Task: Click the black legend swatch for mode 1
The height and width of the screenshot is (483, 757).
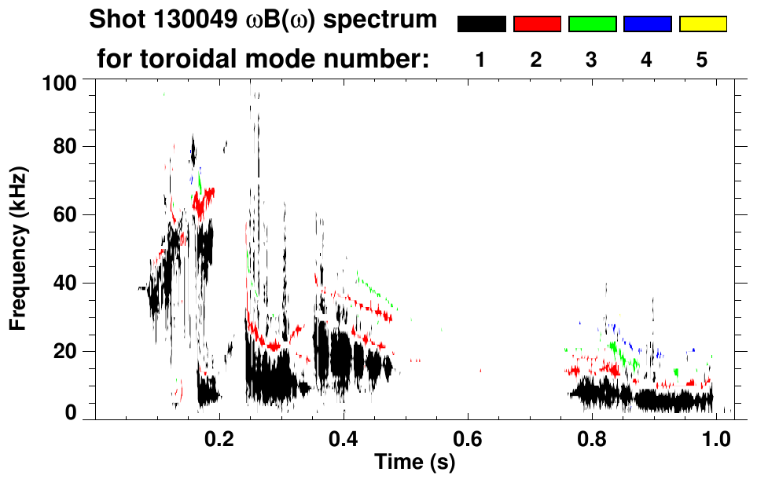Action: click(x=481, y=24)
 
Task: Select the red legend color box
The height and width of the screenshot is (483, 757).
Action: click(x=537, y=24)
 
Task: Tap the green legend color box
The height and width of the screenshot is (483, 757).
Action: click(x=592, y=24)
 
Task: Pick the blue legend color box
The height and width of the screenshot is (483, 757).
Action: click(x=647, y=24)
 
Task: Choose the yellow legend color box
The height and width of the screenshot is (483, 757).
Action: click(x=702, y=24)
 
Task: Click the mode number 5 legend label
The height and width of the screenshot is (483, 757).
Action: click(x=702, y=60)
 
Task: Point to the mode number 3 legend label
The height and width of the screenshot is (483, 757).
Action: click(x=591, y=60)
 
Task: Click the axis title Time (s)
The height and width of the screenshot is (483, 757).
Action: click(x=413, y=462)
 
